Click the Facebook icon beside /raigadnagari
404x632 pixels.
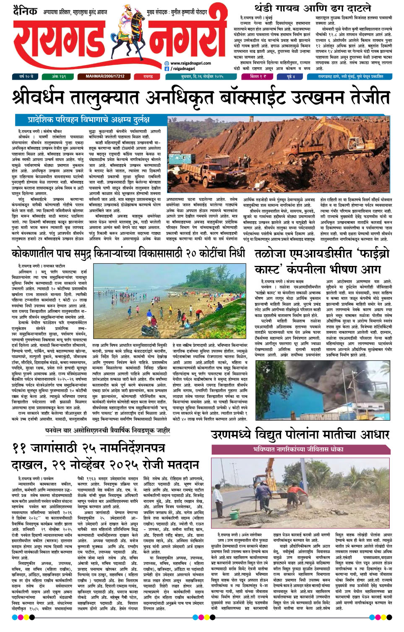(167, 68)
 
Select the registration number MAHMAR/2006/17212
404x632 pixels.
(105, 77)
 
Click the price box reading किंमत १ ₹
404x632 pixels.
(258, 77)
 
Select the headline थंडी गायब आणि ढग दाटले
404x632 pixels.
(313, 8)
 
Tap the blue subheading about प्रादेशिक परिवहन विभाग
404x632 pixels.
(89, 120)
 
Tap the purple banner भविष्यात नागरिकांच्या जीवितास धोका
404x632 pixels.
(298, 449)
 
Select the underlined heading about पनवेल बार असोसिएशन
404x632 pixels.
(108, 431)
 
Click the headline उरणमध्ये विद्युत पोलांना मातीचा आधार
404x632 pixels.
(300, 435)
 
